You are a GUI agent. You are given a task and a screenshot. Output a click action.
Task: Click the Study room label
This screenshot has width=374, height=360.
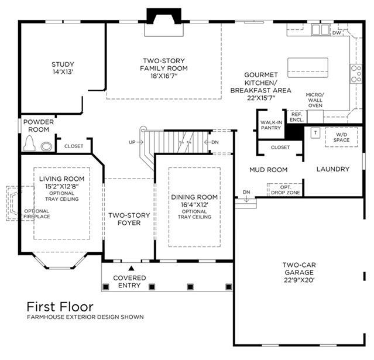[x=63, y=64]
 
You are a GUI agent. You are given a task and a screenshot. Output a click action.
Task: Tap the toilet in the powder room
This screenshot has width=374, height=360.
[x=29, y=143]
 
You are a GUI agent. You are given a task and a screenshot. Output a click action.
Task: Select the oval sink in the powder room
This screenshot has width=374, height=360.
[x=46, y=146]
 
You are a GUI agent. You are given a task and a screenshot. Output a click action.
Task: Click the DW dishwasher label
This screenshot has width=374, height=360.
[x=337, y=33]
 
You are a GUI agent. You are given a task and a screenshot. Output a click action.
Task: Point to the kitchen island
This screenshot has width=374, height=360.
[x=308, y=67]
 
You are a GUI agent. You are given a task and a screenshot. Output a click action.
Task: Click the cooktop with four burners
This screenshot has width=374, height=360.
[x=356, y=74]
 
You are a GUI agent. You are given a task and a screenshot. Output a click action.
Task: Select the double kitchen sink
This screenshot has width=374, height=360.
[x=320, y=30]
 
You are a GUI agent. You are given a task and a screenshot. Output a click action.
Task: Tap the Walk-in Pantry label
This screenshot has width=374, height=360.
[x=271, y=125]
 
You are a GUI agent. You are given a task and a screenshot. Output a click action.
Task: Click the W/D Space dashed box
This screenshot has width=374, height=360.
[x=341, y=137]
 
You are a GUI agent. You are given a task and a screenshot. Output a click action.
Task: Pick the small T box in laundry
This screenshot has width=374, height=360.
[x=315, y=133]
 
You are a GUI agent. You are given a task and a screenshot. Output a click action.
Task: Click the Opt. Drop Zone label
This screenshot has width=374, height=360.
[x=286, y=190]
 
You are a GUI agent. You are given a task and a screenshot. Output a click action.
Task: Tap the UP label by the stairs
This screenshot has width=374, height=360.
[x=132, y=142]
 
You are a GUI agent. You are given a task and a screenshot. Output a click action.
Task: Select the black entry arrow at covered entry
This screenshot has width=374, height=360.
[x=131, y=268]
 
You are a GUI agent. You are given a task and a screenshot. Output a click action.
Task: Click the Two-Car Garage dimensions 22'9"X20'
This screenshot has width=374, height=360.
[x=299, y=280]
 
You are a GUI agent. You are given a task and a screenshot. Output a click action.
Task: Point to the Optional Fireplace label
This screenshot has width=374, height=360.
[x=37, y=214]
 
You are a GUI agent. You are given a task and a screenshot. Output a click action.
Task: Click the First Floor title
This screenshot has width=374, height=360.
[x=60, y=307]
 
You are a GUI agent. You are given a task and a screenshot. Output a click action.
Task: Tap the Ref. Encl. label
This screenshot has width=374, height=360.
[x=297, y=117]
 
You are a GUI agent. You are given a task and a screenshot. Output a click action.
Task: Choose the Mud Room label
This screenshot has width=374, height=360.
[x=268, y=170]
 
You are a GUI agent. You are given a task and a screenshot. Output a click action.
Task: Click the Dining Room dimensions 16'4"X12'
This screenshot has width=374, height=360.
[x=194, y=205]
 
